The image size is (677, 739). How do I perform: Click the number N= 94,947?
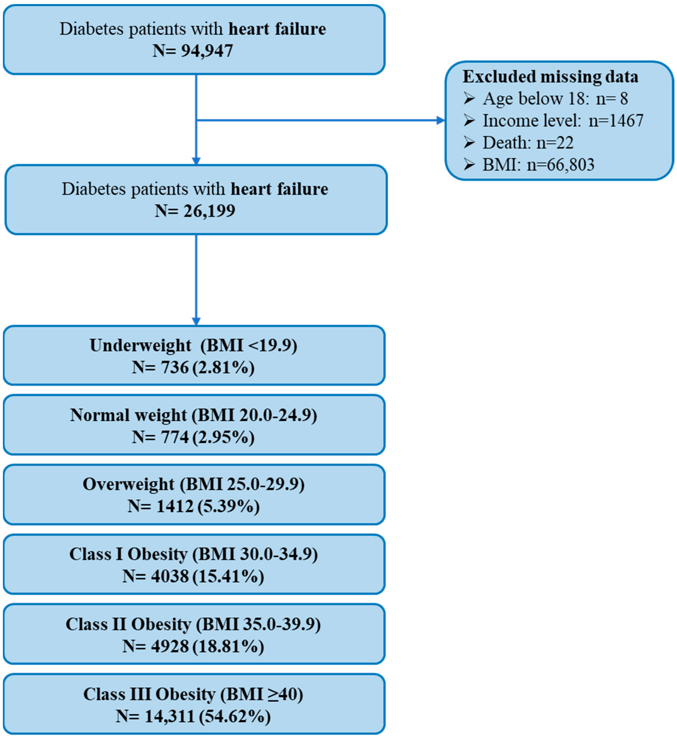[193, 51]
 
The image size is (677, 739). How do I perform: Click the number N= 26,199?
[195, 211]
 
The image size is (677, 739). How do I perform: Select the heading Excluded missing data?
[550, 77]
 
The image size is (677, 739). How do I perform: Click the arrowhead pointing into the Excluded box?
[440, 120]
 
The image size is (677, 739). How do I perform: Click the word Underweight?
[140, 345]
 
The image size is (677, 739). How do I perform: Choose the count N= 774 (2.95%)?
[193, 437]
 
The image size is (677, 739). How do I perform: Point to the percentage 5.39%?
[229, 507]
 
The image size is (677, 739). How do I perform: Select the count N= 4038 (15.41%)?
[193, 576]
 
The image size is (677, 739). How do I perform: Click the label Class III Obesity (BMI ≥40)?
[193, 694]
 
